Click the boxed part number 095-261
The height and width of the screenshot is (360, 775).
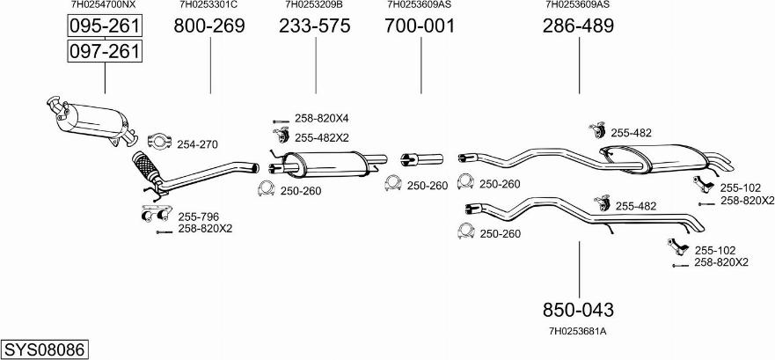click(105, 26)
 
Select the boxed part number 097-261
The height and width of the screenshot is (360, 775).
click(105, 52)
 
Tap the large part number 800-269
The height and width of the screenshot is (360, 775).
click(209, 26)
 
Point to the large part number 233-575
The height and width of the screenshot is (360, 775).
click(314, 26)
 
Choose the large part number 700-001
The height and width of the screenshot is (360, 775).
click(420, 26)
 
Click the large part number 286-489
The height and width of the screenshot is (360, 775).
click(578, 26)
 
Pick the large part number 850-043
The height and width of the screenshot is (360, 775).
click(578, 310)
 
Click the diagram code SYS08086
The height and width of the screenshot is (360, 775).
click(45, 349)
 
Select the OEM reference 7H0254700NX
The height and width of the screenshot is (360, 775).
click(104, 4)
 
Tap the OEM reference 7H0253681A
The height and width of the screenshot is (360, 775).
click(578, 331)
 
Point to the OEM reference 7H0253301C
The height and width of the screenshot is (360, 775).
click(208, 4)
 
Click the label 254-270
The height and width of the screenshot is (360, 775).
click(197, 143)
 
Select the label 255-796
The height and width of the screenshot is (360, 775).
click(199, 216)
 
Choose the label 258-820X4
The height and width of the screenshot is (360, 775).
click(321, 118)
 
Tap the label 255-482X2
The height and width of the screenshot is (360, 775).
click(322, 136)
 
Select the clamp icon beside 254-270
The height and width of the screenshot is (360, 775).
click(159, 141)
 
